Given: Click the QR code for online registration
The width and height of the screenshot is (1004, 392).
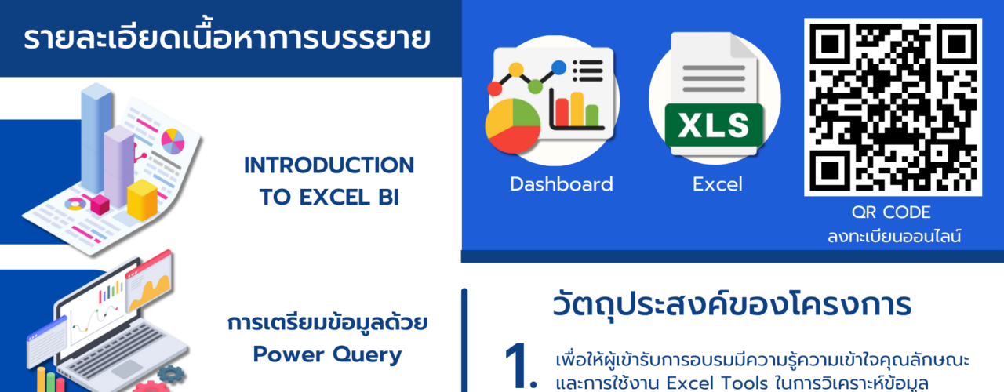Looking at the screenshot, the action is pyautogui.click(x=893, y=107).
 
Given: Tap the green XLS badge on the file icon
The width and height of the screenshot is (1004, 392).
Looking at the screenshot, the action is pyautogui.click(x=714, y=125).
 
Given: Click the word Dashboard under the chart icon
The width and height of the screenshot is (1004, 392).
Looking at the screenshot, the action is pyautogui.click(x=561, y=184).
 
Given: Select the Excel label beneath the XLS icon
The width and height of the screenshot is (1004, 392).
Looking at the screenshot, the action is pyautogui.click(x=717, y=184).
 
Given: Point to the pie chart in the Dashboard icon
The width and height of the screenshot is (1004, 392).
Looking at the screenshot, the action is pyautogui.click(x=513, y=125).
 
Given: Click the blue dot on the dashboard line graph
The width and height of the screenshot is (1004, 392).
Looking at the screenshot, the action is pyautogui.click(x=558, y=67).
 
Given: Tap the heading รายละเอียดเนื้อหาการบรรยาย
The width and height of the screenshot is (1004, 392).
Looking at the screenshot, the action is pyautogui.click(x=227, y=38).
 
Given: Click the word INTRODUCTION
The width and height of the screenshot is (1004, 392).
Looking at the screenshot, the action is pyautogui.click(x=329, y=165).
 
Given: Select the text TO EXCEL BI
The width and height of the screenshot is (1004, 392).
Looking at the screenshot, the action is pyautogui.click(x=329, y=197).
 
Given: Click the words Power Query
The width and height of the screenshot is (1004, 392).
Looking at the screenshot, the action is pyautogui.click(x=327, y=355).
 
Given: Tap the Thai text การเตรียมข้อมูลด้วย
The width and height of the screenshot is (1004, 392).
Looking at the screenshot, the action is pyautogui.click(x=327, y=322).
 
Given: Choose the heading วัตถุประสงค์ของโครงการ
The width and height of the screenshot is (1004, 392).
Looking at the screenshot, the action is pyautogui.click(x=732, y=305).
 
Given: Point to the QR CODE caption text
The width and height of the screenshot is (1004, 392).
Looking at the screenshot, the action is pyautogui.click(x=891, y=212).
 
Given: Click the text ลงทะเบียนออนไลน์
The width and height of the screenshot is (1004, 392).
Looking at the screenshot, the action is pyautogui.click(x=893, y=236).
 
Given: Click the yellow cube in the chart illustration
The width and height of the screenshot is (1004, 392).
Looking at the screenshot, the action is pyautogui.click(x=142, y=200).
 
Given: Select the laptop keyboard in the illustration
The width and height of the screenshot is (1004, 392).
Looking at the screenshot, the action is pyautogui.click(x=118, y=353).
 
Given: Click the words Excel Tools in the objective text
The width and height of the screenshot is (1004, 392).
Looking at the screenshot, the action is pyautogui.click(x=717, y=383).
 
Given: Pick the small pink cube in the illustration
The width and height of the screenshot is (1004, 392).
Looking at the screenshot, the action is pyautogui.click(x=100, y=205).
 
